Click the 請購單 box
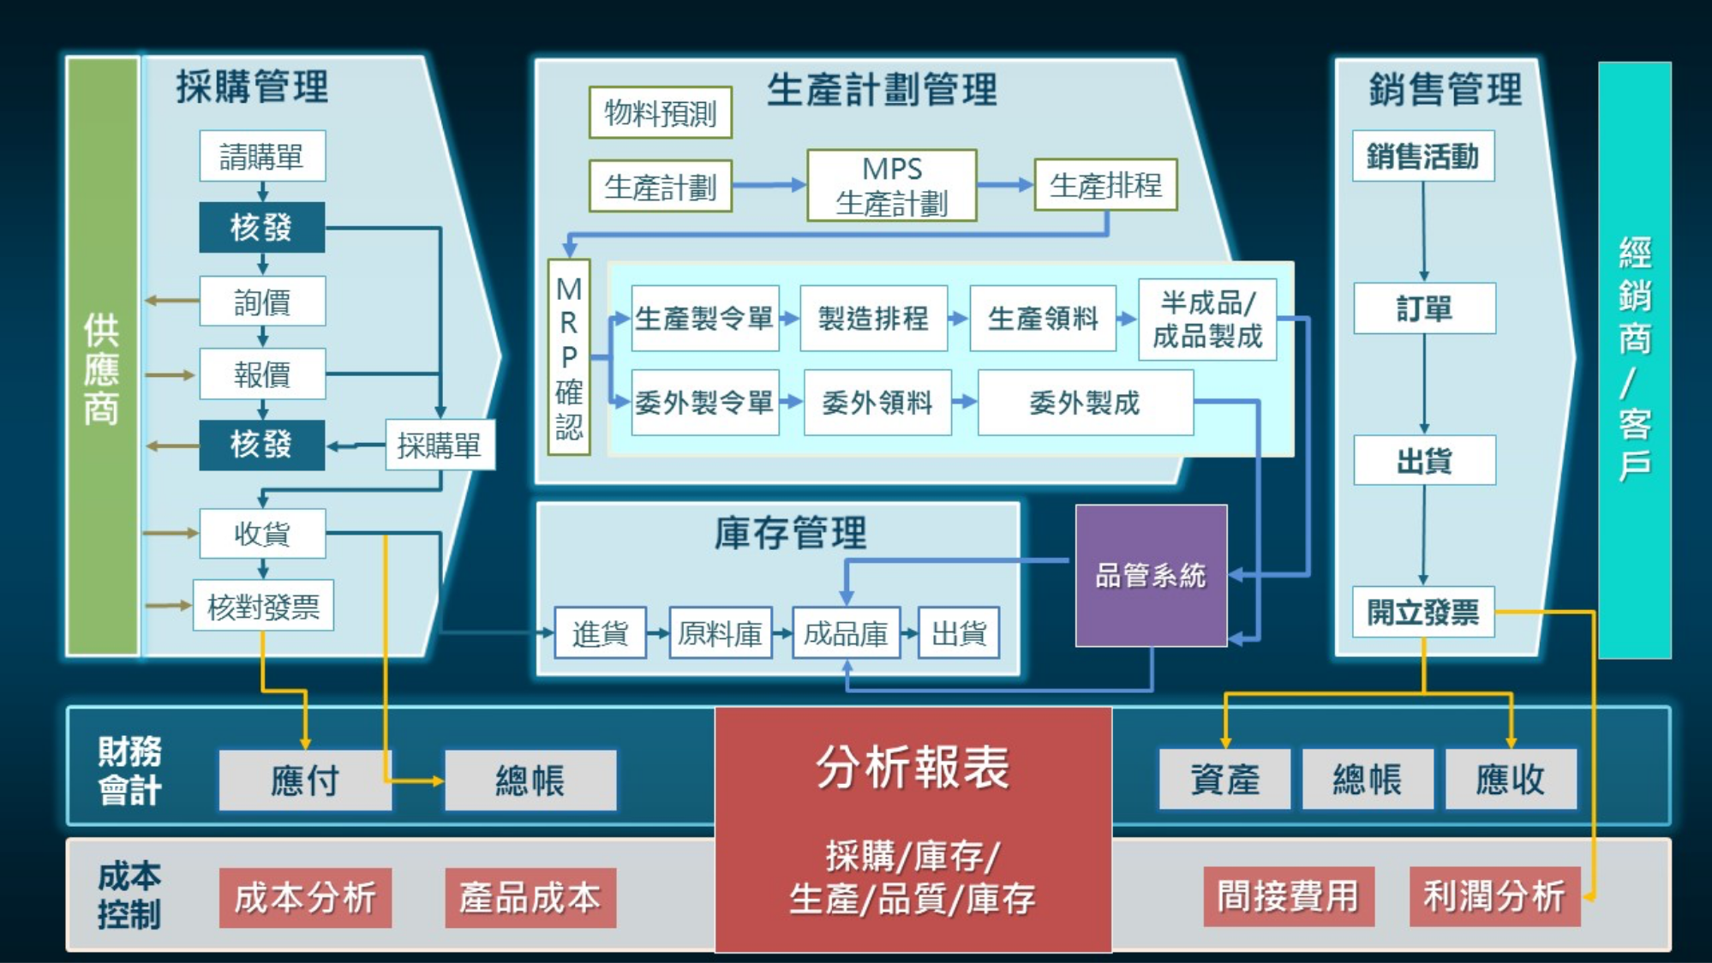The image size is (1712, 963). coord(262,156)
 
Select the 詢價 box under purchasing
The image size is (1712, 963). coord(262,302)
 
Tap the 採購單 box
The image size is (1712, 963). coord(440,445)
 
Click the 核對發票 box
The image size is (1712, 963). coord(263,607)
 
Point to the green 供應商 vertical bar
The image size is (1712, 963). coord(102,356)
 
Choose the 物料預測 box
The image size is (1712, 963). coord(660,112)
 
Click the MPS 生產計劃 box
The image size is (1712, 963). coord(891,186)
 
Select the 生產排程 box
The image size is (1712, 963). coord(1105,185)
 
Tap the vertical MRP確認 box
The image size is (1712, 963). coord(569,356)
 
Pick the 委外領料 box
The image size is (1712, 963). coord(877,403)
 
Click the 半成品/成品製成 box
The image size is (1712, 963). coord(1207,319)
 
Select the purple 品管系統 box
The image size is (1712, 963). coord(1151,575)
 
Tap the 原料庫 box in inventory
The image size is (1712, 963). coord(720,633)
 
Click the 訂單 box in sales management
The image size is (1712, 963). coord(1424,308)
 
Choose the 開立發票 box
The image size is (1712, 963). coord(1423,612)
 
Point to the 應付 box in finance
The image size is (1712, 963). coord(305,781)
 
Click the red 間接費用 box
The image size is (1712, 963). coord(1288,896)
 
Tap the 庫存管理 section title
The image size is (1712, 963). coord(790,533)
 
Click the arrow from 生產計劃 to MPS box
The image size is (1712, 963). coord(769,185)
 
